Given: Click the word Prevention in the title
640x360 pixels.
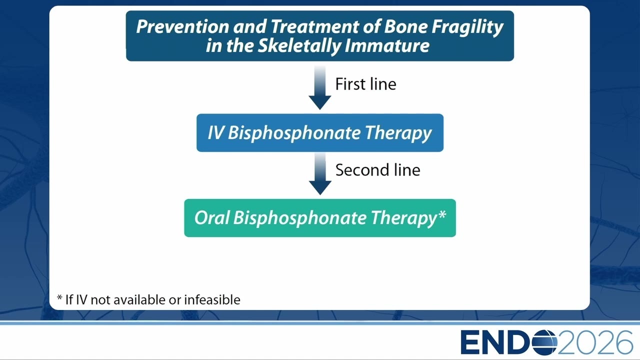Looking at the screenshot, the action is coord(182,26).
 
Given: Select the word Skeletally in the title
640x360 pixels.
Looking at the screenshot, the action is coord(299,46).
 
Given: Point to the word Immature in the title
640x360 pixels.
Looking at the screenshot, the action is coord(387,45).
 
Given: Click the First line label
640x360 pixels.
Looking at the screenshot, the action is coord(365,84).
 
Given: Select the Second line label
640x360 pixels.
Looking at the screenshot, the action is coord(377,170).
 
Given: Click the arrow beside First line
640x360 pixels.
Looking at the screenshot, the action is coord(320,87).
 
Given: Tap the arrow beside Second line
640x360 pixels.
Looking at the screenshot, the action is coord(320,173).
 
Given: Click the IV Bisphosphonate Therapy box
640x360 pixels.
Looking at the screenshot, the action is coord(320,133).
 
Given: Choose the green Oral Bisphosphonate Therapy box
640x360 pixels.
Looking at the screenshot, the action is coord(320,218).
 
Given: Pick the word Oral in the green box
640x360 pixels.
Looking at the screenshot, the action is coord(212,217).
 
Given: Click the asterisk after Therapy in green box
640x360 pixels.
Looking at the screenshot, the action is coord(442,214).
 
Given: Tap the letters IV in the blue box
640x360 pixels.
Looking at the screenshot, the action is coord(215,133).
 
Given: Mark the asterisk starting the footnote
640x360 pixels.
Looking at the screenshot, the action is coord(59,298).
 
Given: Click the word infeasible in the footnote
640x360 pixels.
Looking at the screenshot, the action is coord(212,299).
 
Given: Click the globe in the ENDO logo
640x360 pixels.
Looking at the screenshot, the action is coord(544,342).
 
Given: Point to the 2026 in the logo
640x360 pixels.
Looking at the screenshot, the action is coord(594,342).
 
